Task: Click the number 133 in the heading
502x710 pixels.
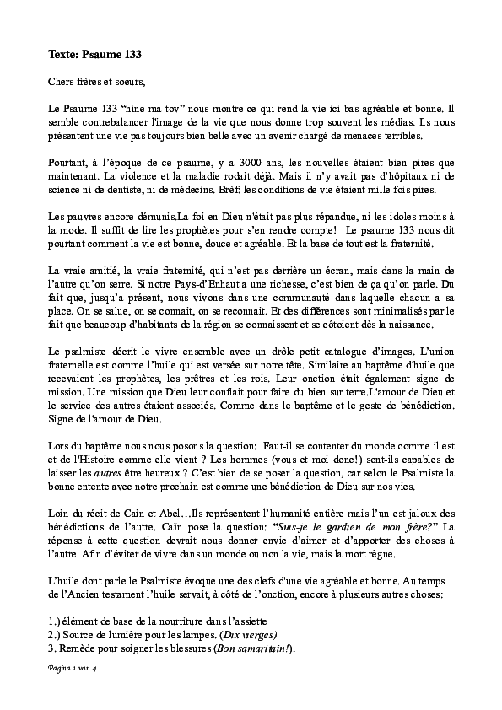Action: tap(128, 55)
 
